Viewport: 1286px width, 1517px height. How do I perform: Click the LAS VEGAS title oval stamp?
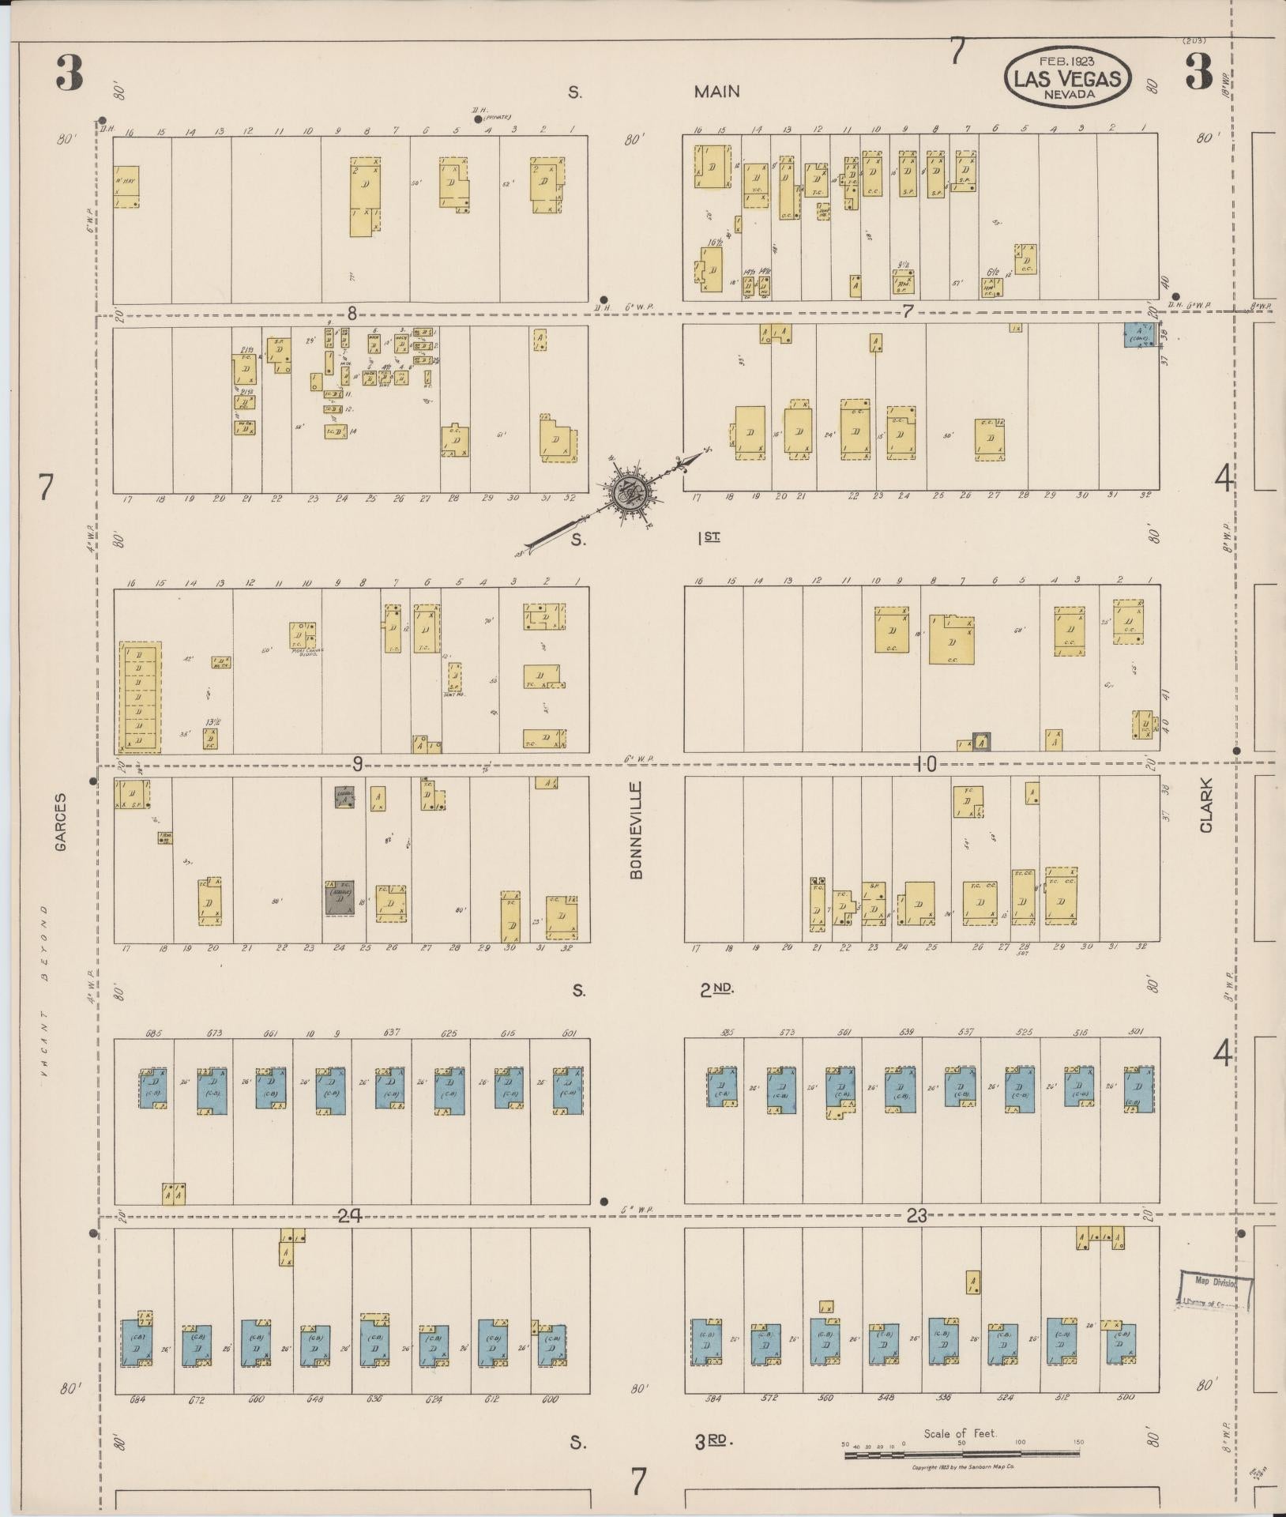[1067, 77]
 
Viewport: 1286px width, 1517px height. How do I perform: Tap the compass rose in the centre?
[630, 491]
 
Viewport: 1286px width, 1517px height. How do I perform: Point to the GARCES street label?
[61, 822]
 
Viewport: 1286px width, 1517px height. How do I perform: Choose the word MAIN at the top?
[716, 92]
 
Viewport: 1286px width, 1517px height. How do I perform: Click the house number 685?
[154, 1033]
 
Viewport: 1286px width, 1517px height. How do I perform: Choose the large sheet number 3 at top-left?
[70, 75]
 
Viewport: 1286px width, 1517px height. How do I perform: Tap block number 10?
[926, 763]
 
